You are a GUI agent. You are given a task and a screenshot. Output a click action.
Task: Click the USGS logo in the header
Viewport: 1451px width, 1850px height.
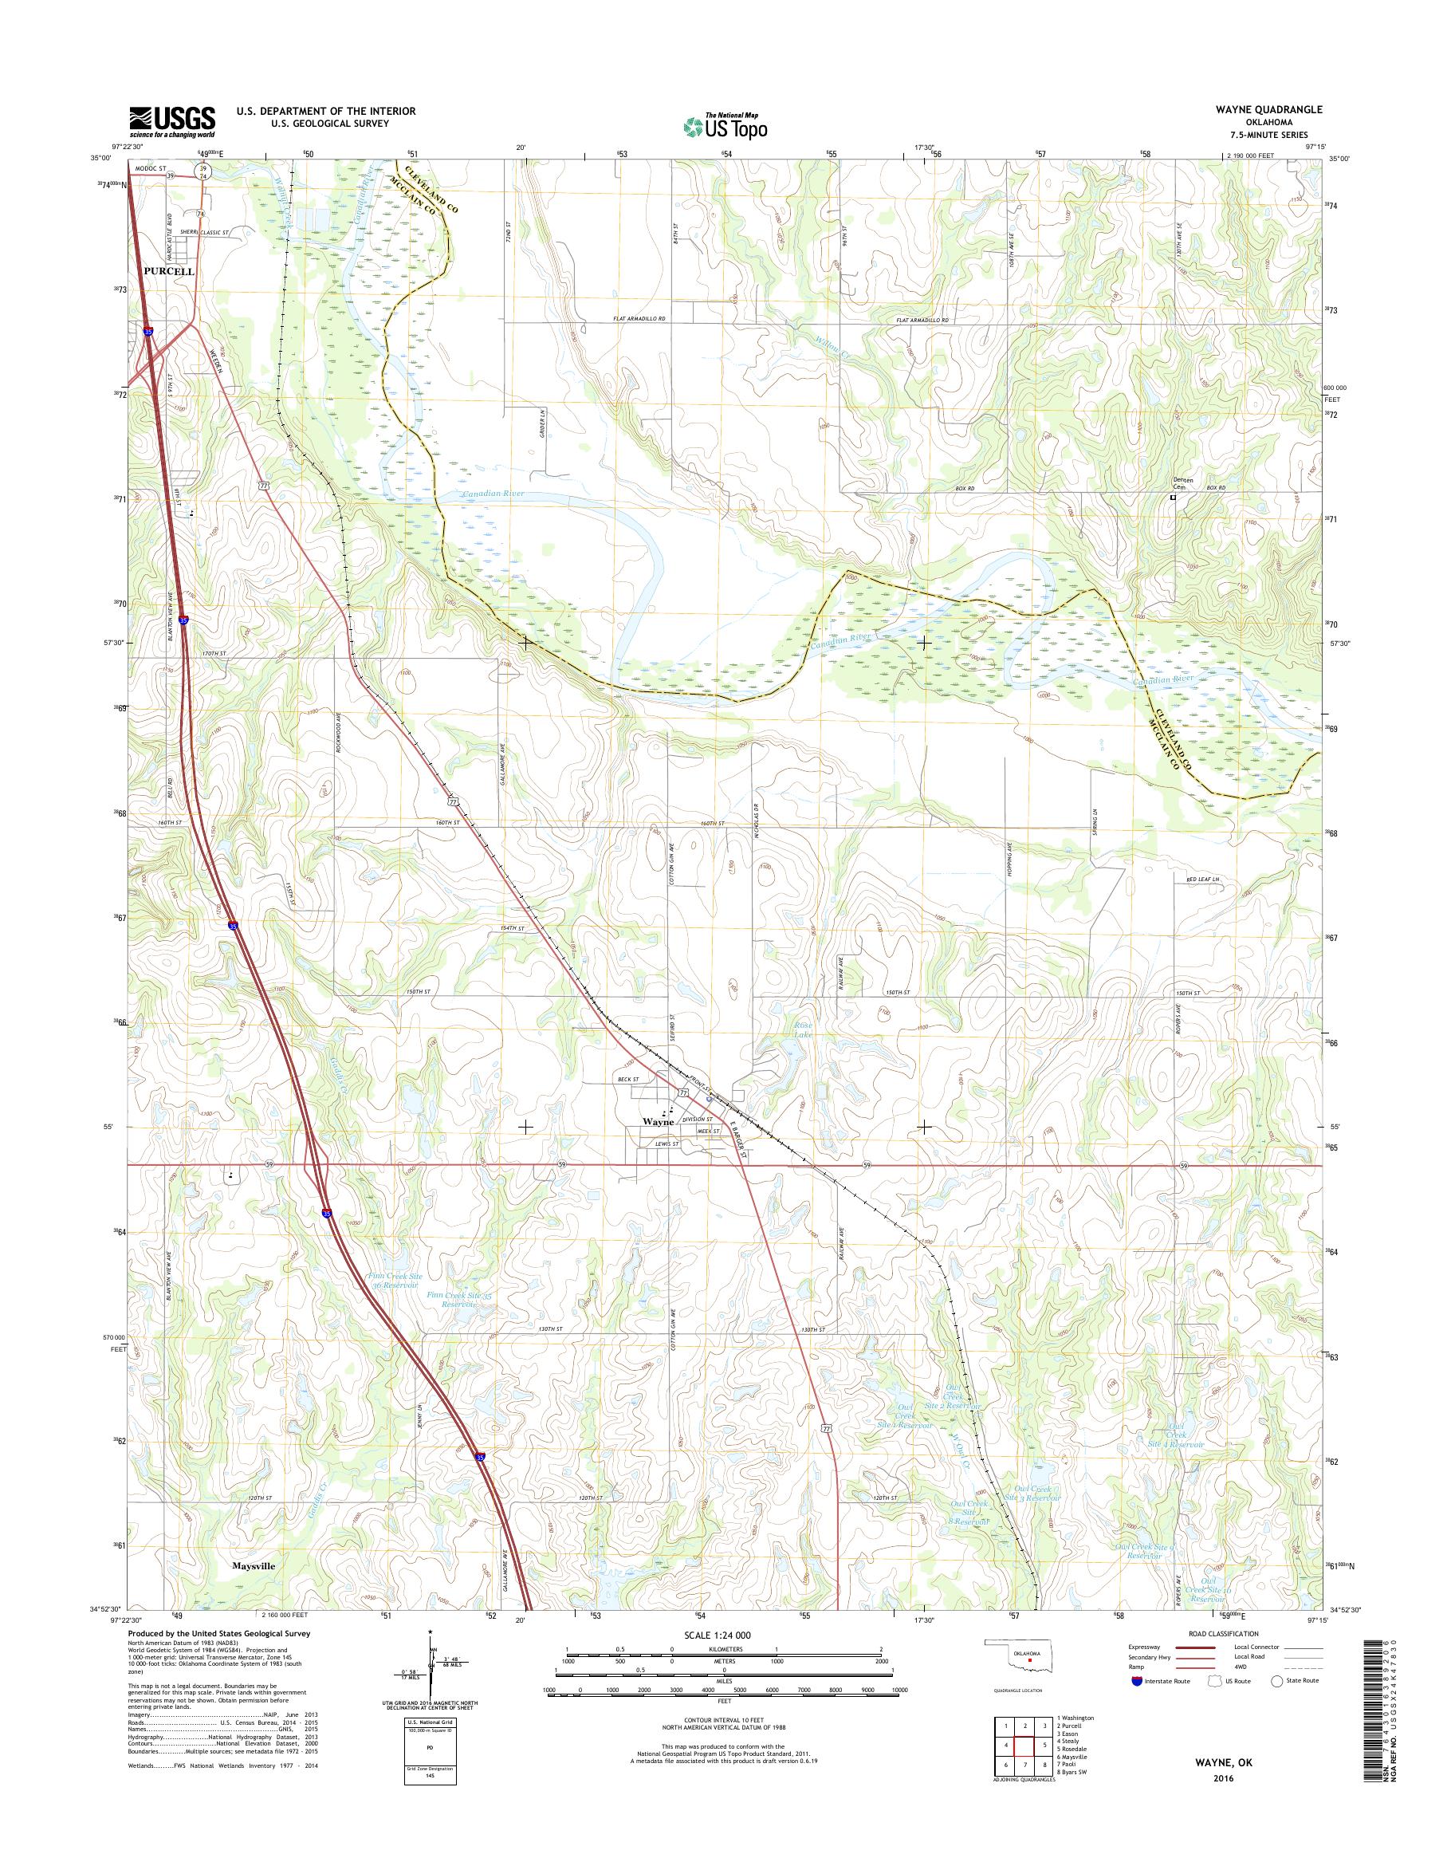pos(171,121)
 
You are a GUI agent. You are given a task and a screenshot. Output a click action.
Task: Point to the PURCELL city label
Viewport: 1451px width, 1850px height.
pos(169,271)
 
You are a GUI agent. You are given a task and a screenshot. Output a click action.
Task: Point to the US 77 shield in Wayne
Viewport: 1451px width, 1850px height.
pos(683,1091)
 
